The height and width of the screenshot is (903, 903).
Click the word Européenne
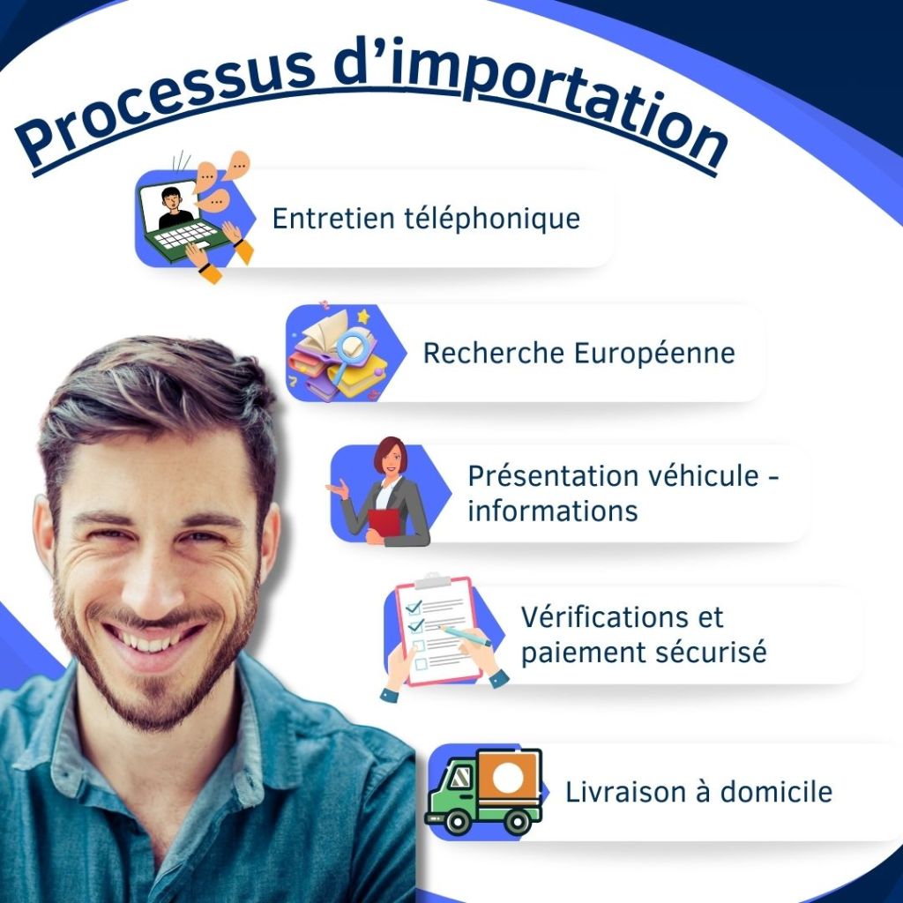(x=654, y=354)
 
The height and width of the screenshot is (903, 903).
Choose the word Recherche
(x=494, y=353)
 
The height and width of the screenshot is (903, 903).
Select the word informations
(x=552, y=511)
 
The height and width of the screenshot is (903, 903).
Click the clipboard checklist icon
(x=437, y=631)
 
